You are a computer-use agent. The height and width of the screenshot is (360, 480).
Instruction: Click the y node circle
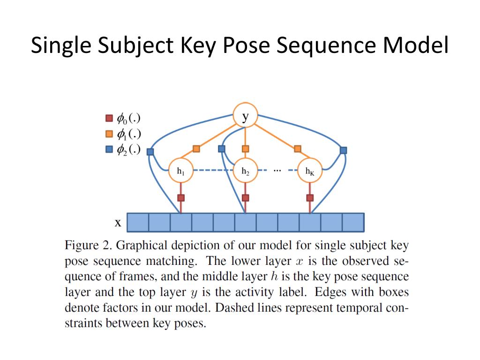(x=246, y=115)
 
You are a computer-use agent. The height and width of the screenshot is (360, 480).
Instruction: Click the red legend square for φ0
(x=109, y=118)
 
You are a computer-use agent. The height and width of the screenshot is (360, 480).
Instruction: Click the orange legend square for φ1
(x=109, y=134)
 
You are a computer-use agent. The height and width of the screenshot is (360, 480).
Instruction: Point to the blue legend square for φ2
(x=109, y=150)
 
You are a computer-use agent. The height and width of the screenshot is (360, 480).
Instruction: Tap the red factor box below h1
(x=181, y=198)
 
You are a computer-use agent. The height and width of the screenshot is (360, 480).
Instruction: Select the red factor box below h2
(x=246, y=198)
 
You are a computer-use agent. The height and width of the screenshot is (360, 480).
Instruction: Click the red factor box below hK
(x=310, y=198)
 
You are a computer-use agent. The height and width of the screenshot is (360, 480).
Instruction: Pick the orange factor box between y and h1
(x=196, y=149)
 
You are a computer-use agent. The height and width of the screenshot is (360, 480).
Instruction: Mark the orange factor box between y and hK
(x=298, y=149)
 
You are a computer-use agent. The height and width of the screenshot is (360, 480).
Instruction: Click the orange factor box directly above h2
(x=246, y=149)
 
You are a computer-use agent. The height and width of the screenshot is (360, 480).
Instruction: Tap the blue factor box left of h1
(x=150, y=151)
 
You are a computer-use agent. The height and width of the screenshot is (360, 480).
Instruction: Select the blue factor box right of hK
(x=343, y=150)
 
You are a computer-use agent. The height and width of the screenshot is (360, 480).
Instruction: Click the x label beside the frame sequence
(x=118, y=223)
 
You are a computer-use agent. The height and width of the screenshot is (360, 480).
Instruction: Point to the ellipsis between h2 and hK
(x=277, y=170)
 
